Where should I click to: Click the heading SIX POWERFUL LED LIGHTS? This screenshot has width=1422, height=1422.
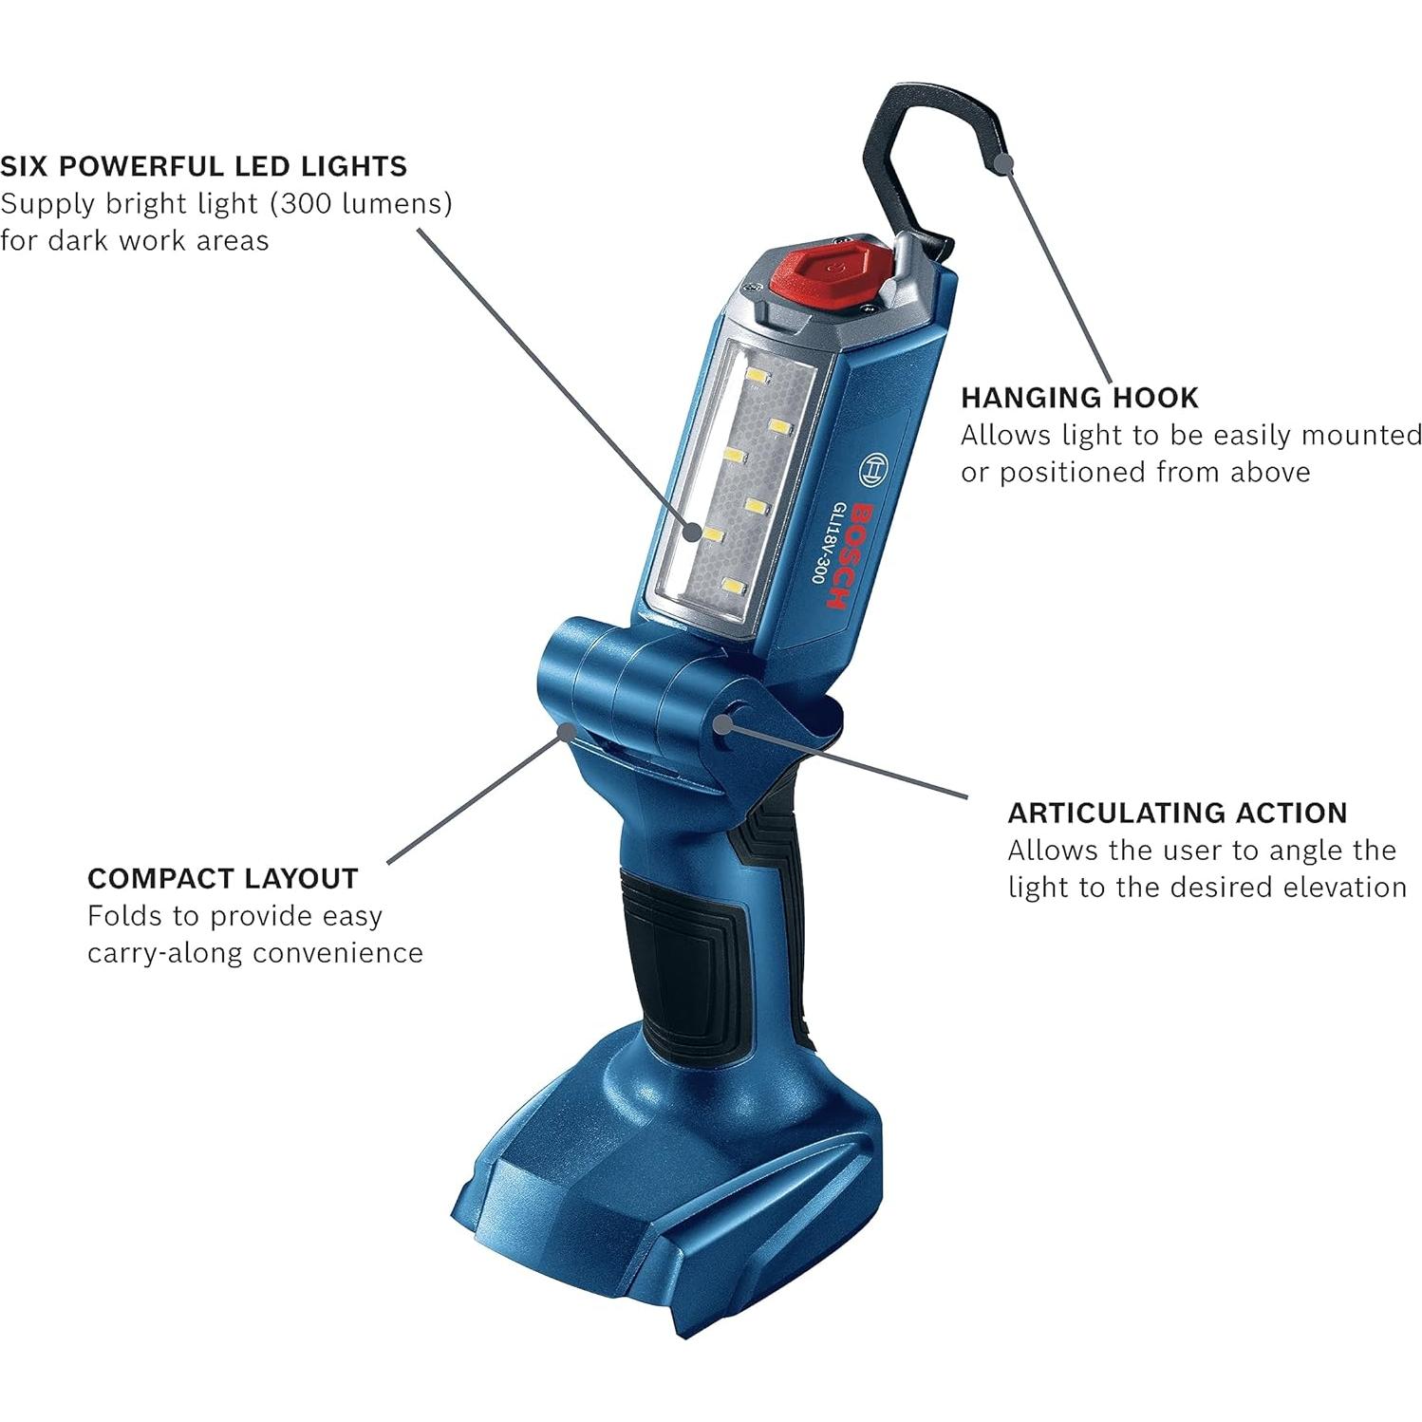[x=203, y=166]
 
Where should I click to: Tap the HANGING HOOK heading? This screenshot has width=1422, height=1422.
[x=1079, y=397]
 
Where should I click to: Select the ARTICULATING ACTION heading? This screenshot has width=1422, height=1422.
[x=1177, y=813]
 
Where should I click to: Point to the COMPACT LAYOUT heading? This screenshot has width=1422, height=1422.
[x=222, y=878]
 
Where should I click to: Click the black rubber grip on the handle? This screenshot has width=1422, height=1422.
[x=682, y=949]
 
